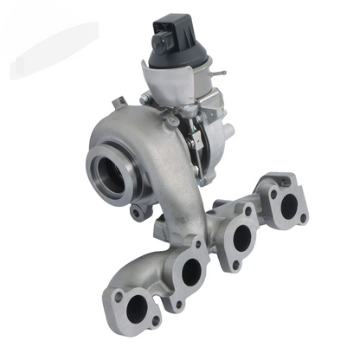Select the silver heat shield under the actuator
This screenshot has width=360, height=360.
[x=174, y=82]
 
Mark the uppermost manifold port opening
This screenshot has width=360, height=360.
[x=288, y=204]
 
